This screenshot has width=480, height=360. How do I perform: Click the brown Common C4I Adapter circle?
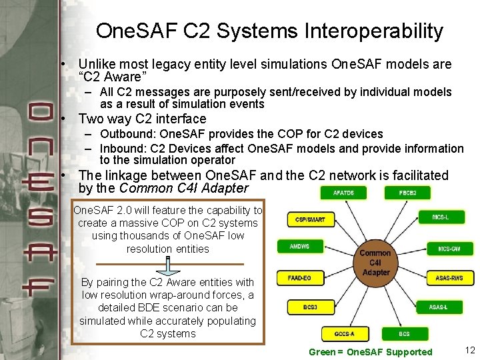pos(375,262)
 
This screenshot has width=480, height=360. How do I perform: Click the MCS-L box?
pos(440,217)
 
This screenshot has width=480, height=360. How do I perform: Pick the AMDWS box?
pos(299,247)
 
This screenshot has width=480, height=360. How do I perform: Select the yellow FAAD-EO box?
pos(300,277)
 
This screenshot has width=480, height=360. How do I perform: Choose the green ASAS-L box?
pos(438,307)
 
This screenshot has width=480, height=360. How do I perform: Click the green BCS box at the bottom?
pos(404,333)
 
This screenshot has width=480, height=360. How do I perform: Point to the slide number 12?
pos(469,351)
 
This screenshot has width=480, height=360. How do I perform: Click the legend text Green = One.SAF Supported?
pos(371,352)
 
